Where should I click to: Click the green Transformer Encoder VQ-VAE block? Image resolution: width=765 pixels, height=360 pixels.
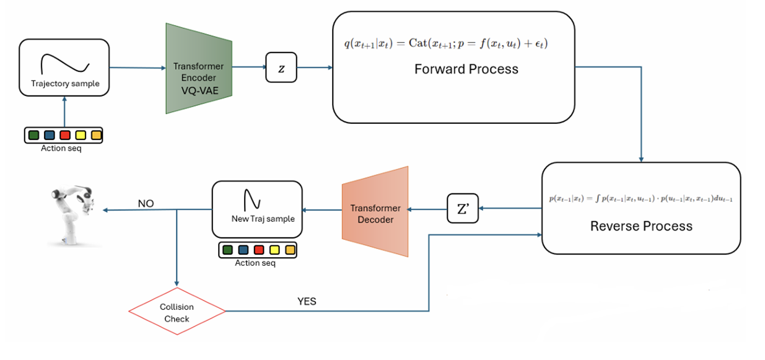(198, 69)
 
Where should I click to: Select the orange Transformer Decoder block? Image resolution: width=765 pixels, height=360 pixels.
(375, 212)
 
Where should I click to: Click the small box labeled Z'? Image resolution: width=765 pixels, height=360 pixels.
(463, 210)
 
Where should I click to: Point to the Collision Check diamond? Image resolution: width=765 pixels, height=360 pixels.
(177, 312)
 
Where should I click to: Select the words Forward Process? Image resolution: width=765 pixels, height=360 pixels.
(466, 69)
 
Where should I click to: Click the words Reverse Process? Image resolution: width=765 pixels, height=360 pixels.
(640, 226)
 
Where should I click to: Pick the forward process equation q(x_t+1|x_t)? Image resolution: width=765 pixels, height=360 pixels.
(446, 43)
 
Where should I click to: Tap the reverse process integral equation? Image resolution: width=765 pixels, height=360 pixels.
(640, 199)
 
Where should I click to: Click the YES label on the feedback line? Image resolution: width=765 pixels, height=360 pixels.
(307, 301)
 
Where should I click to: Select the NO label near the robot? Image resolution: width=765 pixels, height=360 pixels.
(146, 203)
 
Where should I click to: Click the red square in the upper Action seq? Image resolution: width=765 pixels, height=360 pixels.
(65, 135)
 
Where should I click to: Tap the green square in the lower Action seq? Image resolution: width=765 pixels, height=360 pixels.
(227, 250)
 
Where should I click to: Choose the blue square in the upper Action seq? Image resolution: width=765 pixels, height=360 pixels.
(50, 135)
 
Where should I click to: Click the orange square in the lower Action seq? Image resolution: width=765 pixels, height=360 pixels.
(290, 250)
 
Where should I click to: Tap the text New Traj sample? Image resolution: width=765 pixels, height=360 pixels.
(263, 218)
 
